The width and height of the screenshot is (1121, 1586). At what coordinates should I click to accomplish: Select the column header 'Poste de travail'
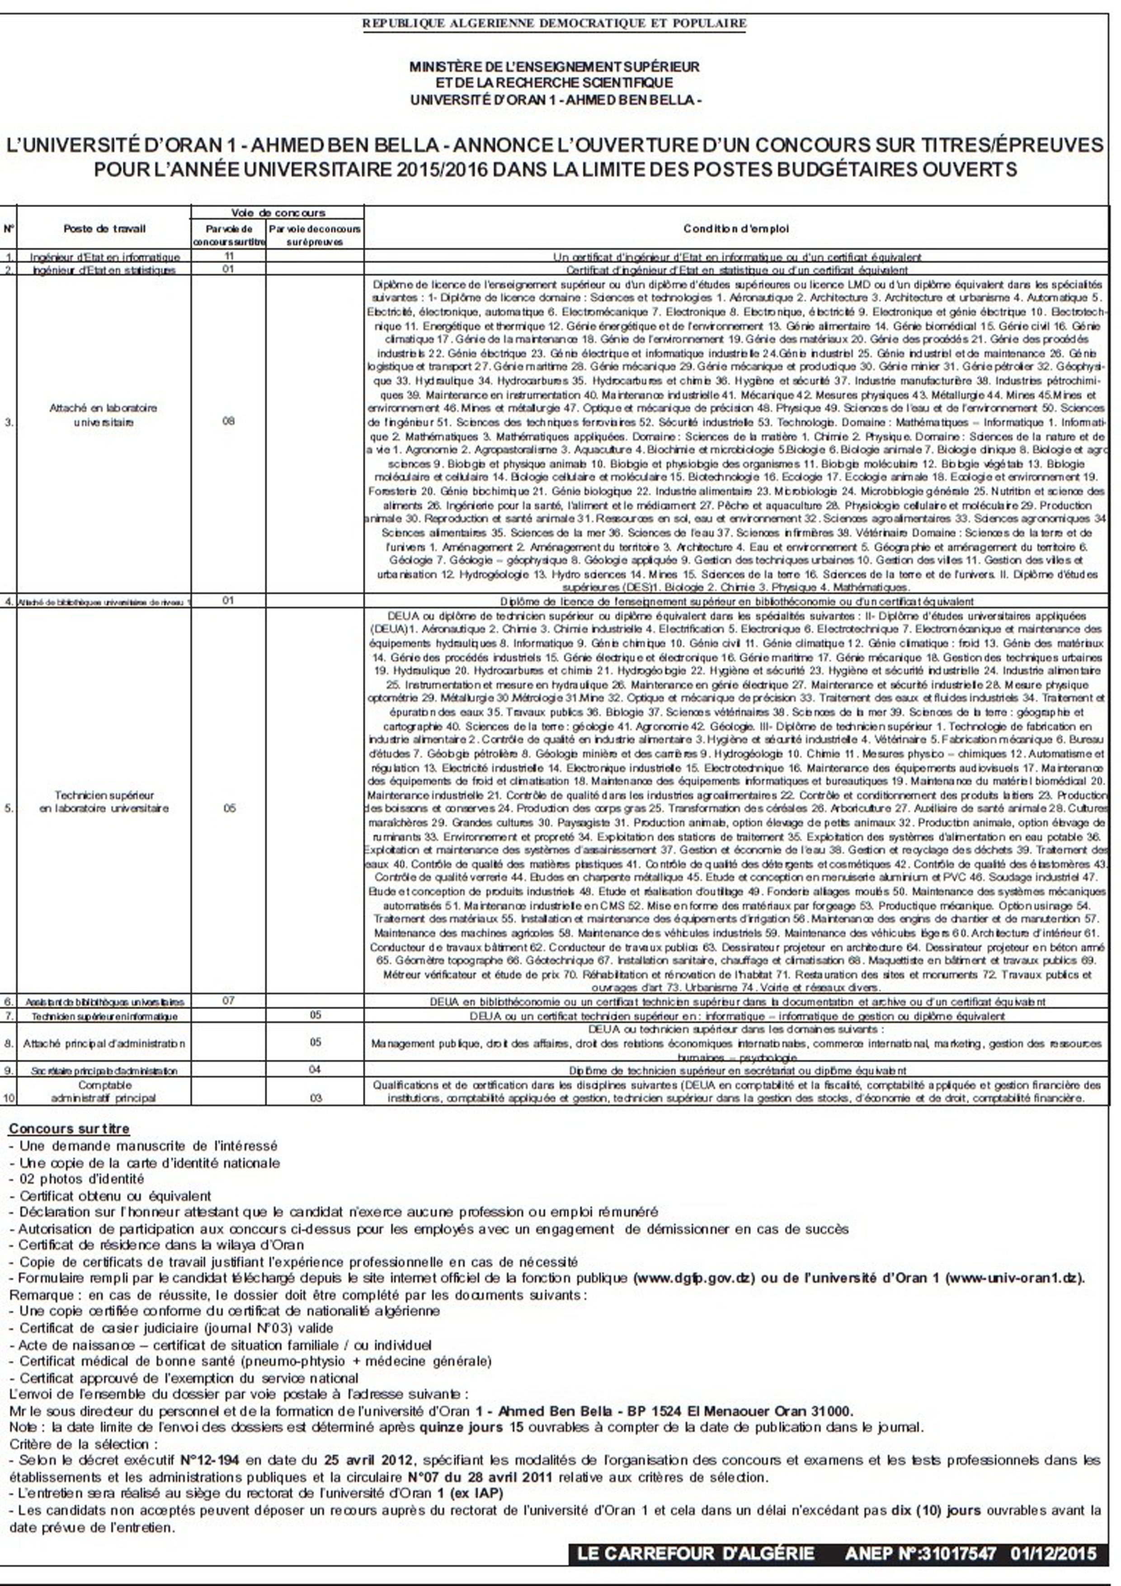click(x=104, y=229)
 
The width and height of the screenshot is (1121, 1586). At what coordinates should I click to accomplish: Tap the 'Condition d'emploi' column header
click(x=735, y=229)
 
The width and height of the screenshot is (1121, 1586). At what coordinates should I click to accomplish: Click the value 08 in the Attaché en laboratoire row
click(x=229, y=420)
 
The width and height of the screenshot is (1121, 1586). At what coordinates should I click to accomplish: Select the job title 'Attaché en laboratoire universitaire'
click(x=104, y=415)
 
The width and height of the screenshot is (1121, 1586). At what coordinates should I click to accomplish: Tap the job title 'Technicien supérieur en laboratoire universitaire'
click(x=104, y=801)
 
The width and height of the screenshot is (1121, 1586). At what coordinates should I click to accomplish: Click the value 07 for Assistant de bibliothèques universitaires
click(x=229, y=1000)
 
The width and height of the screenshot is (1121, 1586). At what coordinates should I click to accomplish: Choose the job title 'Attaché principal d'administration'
click(x=104, y=1043)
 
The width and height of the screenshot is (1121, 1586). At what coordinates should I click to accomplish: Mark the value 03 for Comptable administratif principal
click(x=315, y=1098)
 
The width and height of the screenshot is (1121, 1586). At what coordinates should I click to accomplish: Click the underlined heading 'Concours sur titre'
click(x=69, y=1129)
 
